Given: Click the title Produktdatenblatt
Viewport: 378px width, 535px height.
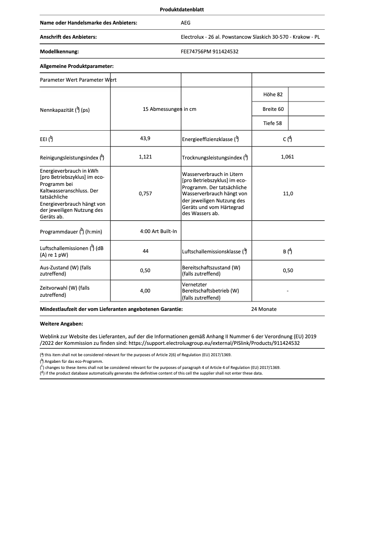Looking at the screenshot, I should pos(189,9).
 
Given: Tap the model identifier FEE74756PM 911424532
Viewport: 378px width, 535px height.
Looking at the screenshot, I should pos(209,51).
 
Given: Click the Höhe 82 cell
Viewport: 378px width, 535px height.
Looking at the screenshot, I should pos(270,95).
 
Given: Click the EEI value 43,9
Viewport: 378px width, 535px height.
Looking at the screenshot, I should pos(145,139).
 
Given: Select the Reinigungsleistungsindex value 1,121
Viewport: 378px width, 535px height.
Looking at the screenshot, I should pos(145,157).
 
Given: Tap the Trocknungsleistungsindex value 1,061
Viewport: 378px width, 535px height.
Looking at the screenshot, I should pos(288,157).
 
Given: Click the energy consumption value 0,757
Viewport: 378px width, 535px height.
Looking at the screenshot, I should pos(145,193).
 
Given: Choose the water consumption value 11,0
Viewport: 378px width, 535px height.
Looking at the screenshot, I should pos(288,193).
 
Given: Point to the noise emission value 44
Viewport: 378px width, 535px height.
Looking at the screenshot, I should pos(145,251).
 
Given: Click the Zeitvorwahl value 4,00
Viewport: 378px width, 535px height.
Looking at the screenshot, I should pos(145,291).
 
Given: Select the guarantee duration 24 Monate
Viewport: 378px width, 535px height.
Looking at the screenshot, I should pos(264,309).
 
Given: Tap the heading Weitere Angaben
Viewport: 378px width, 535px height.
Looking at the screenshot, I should pos(62,324).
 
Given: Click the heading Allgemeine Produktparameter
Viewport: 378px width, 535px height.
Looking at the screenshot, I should pos(77,67).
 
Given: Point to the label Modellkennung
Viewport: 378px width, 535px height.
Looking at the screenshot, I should pos(59,51).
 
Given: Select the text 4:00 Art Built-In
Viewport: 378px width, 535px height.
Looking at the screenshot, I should pos(158,232).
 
